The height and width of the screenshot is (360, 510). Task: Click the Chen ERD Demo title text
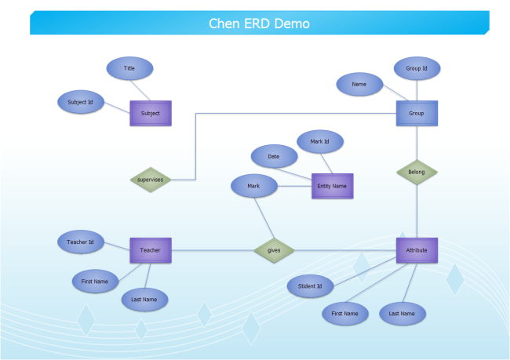click(259, 24)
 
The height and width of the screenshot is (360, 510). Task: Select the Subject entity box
click(150, 113)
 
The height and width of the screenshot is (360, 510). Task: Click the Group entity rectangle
click(416, 113)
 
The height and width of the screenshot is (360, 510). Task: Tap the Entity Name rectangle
click(333, 186)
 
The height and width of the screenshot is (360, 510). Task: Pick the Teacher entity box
click(150, 250)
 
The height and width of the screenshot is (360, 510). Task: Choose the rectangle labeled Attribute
click(417, 250)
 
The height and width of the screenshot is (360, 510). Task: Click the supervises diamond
click(150, 180)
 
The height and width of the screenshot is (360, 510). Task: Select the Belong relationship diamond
click(416, 171)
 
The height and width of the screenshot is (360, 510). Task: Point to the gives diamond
click(274, 250)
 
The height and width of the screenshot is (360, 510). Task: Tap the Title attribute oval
click(129, 68)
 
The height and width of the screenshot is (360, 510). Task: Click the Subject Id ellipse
click(81, 102)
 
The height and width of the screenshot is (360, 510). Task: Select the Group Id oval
click(417, 68)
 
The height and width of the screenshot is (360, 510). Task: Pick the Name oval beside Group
click(359, 83)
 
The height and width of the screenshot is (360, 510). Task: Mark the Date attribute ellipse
click(274, 156)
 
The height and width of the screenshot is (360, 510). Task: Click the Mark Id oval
click(320, 141)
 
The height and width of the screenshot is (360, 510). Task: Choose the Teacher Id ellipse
click(81, 242)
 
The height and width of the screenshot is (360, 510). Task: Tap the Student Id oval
click(310, 286)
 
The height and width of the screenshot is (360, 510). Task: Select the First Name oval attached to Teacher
click(95, 280)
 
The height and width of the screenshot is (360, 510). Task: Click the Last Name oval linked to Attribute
click(403, 314)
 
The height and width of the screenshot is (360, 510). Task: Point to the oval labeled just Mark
click(253, 186)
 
